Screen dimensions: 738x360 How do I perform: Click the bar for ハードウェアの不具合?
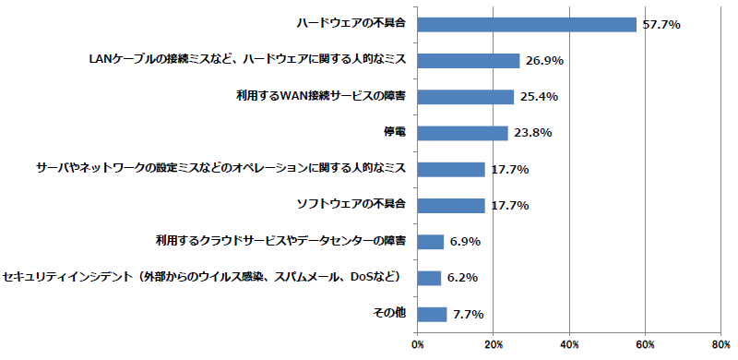click(527, 25)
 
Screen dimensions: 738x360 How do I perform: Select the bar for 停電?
click(463, 133)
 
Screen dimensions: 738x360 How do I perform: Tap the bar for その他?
click(432, 314)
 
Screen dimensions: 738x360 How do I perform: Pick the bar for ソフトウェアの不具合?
click(451, 206)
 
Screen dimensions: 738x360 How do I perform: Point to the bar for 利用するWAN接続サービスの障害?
click(466, 97)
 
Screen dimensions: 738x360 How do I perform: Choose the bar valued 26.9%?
click(469, 61)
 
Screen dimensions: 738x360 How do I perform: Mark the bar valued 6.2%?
click(429, 278)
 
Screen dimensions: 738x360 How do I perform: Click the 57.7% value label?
click(661, 25)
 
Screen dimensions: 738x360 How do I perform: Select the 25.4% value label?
click(539, 97)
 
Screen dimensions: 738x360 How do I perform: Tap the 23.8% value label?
click(533, 133)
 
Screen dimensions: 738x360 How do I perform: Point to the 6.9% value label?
click(465, 242)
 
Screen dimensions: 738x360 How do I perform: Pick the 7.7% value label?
click(469, 314)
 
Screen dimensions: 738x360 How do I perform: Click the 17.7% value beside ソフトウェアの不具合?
click(510, 206)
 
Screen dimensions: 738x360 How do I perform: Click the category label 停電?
click(395, 132)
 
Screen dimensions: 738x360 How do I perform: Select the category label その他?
click(389, 313)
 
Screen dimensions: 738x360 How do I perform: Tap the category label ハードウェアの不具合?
click(351, 24)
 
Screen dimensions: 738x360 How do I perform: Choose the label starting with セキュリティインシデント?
click(201, 277)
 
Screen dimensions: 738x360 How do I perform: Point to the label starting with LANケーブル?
click(247, 60)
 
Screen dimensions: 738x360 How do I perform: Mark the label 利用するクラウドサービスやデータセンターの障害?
click(280, 241)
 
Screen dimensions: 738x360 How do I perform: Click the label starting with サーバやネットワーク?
click(220, 168)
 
